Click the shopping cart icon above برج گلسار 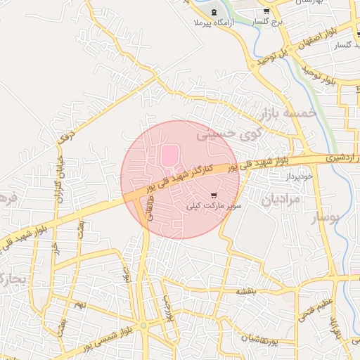tap(266, 12)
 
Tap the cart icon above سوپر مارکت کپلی tap(214, 195)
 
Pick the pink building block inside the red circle tap(170, 156)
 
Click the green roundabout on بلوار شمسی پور tap(143, 326)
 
